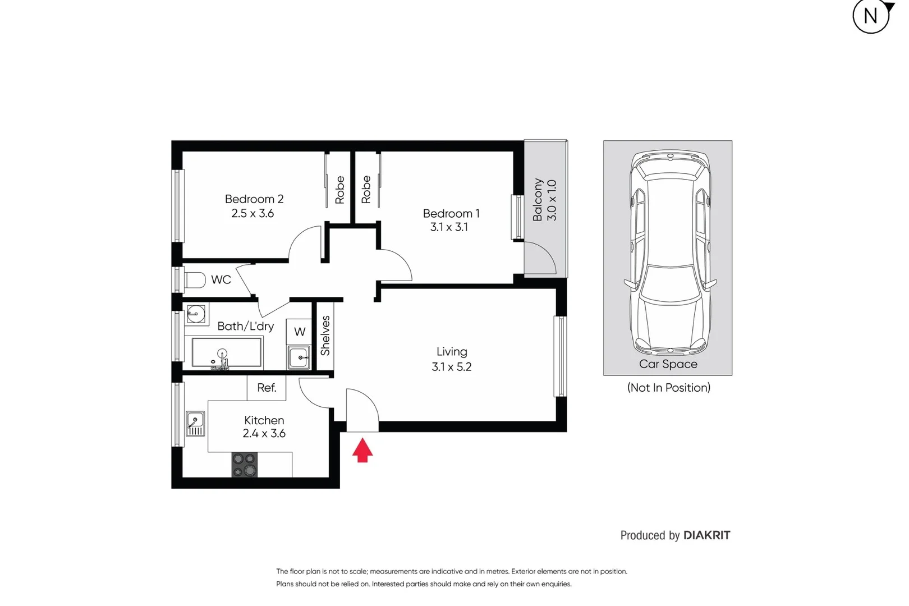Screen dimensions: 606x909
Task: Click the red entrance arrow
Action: [362, 451]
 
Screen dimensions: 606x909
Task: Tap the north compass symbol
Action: [871, 16]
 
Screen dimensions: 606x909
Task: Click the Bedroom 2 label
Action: [254, 199]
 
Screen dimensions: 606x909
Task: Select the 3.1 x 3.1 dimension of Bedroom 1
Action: [449, 227]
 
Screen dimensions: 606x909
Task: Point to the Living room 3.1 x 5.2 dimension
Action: [452, 367]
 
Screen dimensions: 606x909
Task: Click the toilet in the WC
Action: [195, 279]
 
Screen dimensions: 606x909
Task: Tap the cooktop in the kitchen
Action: [245, 465]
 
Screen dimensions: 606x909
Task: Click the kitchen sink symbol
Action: [195, 424]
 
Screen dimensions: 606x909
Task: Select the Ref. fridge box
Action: [267, 388]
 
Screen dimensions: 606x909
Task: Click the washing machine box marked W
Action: [300, 332]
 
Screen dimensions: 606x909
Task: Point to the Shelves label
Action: [325, 336]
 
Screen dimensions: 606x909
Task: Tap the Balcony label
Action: [538, 200]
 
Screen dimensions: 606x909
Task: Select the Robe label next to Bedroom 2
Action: [340, 190]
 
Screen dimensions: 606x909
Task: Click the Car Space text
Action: [668, 364]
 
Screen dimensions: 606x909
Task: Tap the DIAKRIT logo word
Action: [706, 535]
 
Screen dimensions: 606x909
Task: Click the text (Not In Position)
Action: [668, 388]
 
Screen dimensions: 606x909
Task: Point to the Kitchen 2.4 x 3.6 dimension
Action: [264, 434]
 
